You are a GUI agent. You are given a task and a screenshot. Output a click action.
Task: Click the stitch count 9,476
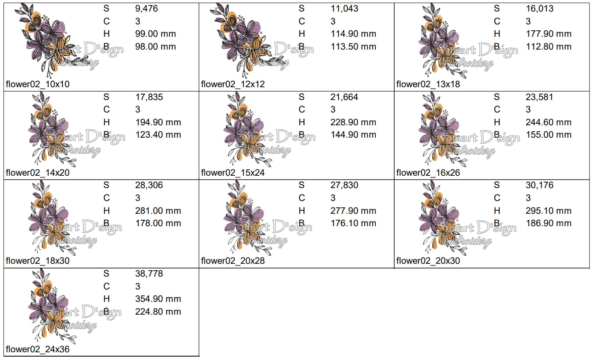146,9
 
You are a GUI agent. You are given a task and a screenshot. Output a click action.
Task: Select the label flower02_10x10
38,84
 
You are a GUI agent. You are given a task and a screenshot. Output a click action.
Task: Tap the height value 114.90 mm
353,34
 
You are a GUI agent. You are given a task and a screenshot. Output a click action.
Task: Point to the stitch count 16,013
539,9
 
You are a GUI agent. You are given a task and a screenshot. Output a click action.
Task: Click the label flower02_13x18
428,84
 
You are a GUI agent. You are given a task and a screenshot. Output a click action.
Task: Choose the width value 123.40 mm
158,135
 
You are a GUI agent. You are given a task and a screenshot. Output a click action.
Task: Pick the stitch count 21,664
344,97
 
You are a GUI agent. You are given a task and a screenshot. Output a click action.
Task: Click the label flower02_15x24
233,173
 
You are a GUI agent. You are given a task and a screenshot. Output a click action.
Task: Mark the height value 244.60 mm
549,122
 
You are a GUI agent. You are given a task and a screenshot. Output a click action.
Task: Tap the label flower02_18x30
38,261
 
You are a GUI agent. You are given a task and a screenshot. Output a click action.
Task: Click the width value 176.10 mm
353,223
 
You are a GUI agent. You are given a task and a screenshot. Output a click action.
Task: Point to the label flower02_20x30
428,261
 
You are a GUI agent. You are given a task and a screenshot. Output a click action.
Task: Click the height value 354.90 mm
158,299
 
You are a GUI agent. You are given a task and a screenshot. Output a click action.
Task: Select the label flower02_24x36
38,349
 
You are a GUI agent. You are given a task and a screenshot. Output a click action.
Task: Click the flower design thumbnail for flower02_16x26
445,130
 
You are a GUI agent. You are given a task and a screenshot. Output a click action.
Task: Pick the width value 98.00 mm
156,47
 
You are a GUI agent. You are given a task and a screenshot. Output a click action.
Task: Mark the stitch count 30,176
539,185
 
